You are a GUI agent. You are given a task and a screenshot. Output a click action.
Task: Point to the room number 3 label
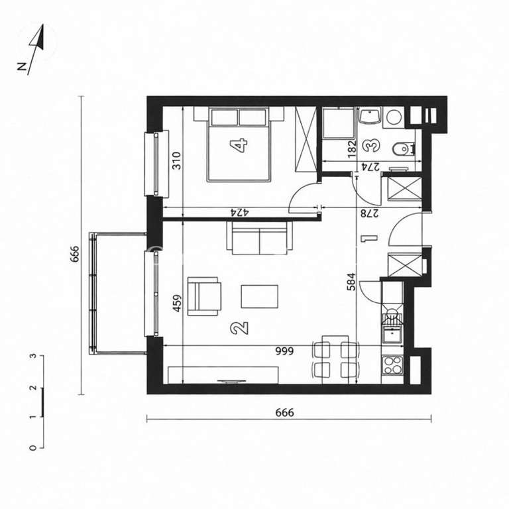372,144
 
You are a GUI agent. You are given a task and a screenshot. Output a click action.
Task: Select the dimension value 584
352,283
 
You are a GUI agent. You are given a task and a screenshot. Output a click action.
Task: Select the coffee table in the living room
260,296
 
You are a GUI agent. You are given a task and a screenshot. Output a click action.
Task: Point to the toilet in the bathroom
402,149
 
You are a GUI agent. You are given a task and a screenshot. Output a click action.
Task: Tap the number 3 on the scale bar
32,356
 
